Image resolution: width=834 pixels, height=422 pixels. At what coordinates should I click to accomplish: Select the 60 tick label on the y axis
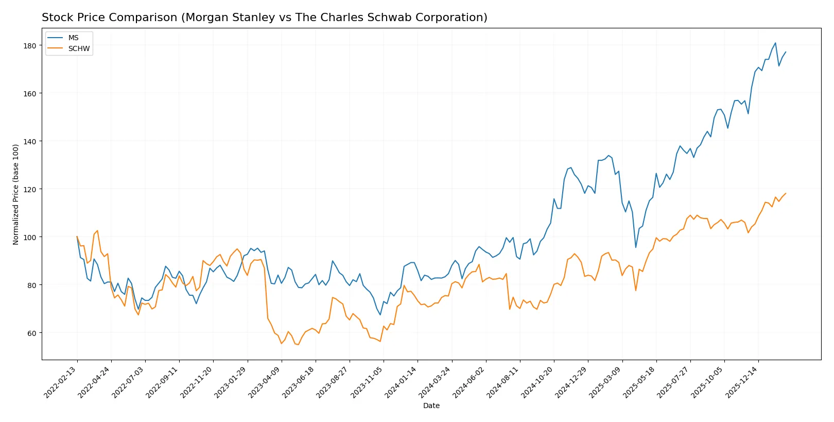(x=32, y=333)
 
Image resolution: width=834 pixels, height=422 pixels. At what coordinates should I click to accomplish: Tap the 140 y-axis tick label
(x=30, y=142)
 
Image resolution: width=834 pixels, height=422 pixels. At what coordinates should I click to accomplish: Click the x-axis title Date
(x=431, y=406)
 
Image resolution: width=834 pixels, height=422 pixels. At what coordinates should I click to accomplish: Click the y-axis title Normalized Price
(x=16, y=194)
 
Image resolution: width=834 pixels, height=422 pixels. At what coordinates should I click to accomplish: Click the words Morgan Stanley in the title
(x=230, y=18)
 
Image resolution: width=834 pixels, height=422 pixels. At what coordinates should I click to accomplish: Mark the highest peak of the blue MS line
(x=775, y=43)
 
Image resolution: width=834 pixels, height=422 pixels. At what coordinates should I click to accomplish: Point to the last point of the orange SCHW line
(x=786, y=194)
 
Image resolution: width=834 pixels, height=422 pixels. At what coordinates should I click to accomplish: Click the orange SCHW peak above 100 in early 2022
(x=97, y=231)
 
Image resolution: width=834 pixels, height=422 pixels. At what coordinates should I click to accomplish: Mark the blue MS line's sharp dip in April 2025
(x=635, y=247)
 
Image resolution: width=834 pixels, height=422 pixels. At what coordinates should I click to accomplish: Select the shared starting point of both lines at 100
(x=77, y=237)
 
